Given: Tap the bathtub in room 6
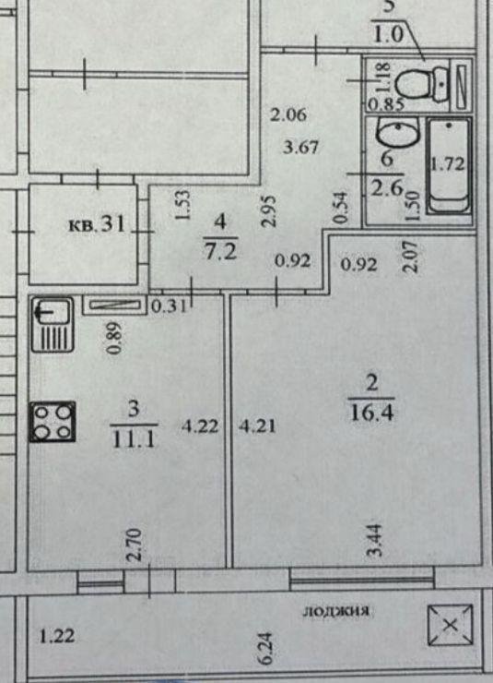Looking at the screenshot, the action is tap(449, 165).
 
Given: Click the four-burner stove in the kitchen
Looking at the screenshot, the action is tap(53, 422).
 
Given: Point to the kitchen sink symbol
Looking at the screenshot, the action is tap(53, 325).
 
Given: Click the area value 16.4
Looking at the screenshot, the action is tap(371, 412).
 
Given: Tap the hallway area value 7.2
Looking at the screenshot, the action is tap(221, 251).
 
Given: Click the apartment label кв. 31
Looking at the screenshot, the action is tap(97, 224).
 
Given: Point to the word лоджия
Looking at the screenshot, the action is tap(336, 611).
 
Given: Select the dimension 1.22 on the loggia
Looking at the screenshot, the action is tap(57, 637).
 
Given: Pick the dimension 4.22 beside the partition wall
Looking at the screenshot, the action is tap(200, 425).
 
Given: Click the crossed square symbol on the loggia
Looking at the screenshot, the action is tap(450, 625).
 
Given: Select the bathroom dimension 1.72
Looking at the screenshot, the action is tap(448, 164).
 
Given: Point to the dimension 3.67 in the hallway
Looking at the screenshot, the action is tap(300, 147).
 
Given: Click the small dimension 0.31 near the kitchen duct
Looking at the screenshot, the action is tap(169, 306).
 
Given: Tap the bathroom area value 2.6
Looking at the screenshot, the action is tap(386, 188).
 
